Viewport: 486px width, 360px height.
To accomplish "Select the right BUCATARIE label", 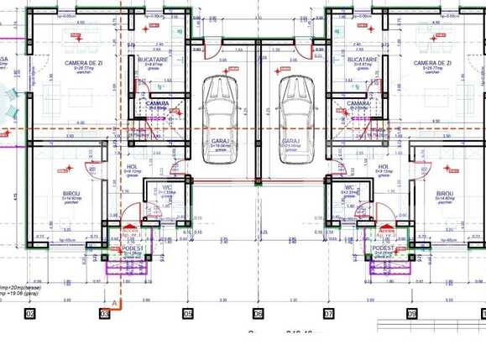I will point(362,60).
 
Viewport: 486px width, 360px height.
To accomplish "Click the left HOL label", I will point(132,166).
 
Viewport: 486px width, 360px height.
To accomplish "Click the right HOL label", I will point(383,166).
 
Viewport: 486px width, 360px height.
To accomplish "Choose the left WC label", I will point(167,187).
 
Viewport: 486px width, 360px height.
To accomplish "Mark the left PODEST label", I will point(133,248).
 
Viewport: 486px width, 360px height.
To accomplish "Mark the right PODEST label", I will point(384,248).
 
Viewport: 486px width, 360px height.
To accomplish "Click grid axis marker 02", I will point(30,314).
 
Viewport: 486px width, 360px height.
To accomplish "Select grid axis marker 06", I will point(258,314).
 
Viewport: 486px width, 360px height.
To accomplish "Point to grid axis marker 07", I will point(329,314).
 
